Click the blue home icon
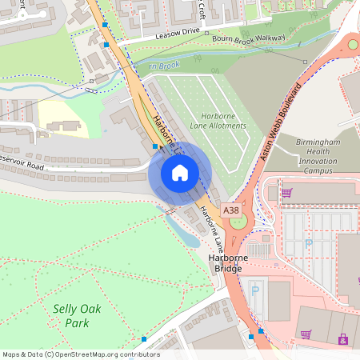pos(180,173)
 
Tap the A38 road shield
pos(231,210)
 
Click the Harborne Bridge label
pos(228,263)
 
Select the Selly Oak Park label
pos(71,315)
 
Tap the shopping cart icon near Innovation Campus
pos(286,192)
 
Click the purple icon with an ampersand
pos(343,339)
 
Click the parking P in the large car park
pos(309,242)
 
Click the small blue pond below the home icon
pos(190,237)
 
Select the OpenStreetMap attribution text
pos(80,354)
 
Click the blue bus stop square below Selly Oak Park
pos(144,339)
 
